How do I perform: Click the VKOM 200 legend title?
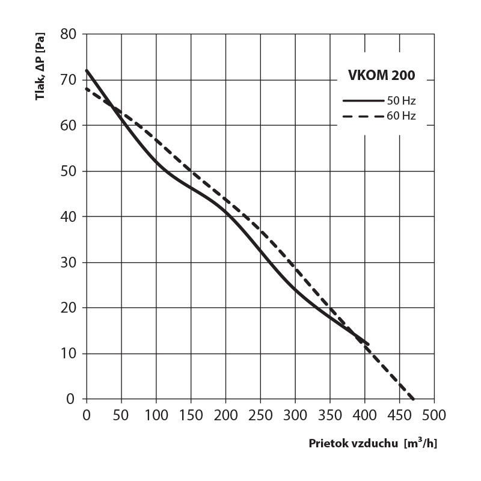coord(382,76)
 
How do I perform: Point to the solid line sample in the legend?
coord(363,100)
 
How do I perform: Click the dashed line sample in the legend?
coord(363,116)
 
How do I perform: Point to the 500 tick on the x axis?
coord(434,415)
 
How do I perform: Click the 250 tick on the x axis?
coord(260,415)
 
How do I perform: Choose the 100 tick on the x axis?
coord(156,415)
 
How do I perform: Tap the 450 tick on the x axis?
coord(399,415)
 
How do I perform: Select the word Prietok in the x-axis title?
coord(326,444)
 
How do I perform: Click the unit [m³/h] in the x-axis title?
coord(421,444)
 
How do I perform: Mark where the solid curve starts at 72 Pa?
coord(87,70)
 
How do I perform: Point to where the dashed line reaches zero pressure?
coord(413,399)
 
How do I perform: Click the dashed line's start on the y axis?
coord(87,89)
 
